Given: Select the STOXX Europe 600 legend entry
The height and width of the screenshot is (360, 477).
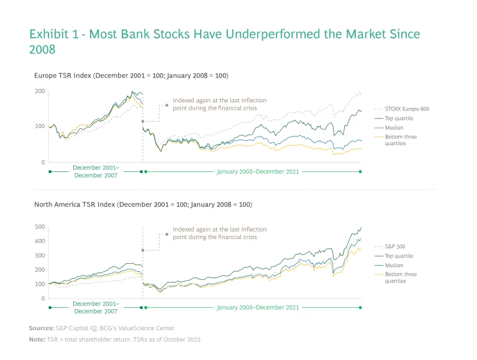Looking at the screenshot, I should point(407,109).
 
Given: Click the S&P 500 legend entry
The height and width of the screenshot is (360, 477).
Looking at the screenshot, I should point(395,246).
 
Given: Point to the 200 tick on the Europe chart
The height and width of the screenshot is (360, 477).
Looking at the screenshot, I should point(40,91).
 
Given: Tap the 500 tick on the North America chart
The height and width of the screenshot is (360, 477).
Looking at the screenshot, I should point(40,227).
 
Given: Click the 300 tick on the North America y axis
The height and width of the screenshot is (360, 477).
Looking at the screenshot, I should point(40,256).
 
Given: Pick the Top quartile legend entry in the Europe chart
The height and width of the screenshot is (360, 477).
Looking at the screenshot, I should point(399,118).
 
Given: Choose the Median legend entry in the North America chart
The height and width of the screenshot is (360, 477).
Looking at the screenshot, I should point(394,265).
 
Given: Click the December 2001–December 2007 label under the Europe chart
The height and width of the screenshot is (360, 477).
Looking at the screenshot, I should point(96,171).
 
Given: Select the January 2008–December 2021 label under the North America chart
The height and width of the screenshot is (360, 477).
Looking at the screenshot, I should point(258,307).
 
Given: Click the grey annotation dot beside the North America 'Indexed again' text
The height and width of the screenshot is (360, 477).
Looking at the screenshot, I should point(166,234).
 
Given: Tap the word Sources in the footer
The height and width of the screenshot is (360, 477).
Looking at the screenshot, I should point(40,328).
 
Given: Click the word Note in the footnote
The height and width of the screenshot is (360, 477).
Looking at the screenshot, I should point(36,340).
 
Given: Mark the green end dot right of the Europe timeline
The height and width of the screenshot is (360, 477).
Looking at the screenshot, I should point(360,171).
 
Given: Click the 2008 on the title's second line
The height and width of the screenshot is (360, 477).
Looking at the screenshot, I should point(42,49).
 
